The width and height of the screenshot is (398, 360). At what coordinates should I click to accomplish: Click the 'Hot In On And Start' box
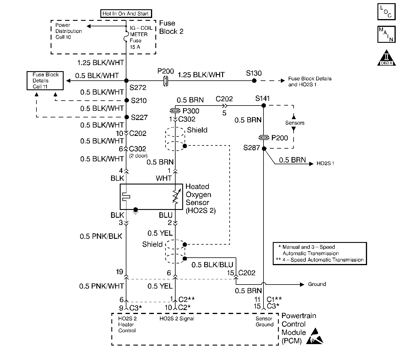click(x=126, y=14)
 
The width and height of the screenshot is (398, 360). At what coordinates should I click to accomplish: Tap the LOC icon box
click(x=386, y=12)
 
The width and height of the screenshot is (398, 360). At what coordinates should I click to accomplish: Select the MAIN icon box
click(x=386, y=34)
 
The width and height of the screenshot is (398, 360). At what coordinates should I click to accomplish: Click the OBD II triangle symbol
click(x=386, y=58)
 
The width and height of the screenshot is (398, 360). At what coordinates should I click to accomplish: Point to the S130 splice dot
click(x=254, y=80)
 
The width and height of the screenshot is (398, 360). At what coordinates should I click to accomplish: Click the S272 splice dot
click(x=126, y=80)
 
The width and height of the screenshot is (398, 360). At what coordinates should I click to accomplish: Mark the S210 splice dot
click(x=127, y=100)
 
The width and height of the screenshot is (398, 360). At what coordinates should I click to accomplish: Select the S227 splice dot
click(x=127, y=117)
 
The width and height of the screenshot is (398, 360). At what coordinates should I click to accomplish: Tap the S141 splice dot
click(x=264, y=106)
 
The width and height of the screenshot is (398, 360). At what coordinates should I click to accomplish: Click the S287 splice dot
click(x=264, y=148)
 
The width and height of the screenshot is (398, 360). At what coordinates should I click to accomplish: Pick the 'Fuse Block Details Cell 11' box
click(x=45, y=80)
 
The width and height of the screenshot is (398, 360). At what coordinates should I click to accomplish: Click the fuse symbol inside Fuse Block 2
click(x=126, y=36)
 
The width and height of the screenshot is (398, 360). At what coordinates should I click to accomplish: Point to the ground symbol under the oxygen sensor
click(x=135, y=211)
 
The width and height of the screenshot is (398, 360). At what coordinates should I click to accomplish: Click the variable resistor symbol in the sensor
click(x=176, y=197)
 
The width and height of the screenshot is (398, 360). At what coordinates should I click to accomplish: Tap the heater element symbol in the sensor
click(x=126, y=197)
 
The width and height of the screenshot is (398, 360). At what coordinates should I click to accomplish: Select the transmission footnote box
click(x=320, y=254)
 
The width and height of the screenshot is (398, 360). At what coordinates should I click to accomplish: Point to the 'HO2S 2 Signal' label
click(x=177, y=319)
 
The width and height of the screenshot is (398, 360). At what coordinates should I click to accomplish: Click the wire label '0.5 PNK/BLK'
click(x=101, y=236)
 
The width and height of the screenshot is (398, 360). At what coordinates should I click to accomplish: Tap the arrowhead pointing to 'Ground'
click(x=302, y=285)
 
